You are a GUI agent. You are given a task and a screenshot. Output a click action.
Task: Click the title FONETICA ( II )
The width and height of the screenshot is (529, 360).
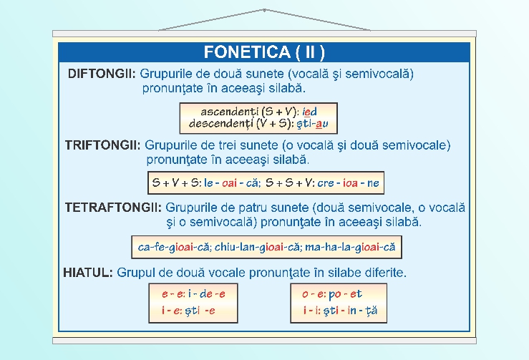(x=264, y=52)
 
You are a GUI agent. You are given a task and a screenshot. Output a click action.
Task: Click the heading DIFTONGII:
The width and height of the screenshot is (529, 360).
(x=102, y=74)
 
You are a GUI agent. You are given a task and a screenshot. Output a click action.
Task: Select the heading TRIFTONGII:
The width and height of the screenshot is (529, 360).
(x=102, y=145)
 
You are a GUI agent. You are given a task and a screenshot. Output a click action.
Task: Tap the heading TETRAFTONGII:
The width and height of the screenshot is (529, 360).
(x=112, y=208)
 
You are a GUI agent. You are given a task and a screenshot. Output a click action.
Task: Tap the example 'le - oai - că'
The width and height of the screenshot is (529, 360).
(x=230, y=183)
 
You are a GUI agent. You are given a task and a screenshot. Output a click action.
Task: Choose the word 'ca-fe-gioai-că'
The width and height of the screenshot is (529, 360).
(x=174, y=248)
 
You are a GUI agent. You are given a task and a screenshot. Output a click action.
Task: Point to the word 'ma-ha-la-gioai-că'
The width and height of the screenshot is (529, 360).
(x=350, y=248)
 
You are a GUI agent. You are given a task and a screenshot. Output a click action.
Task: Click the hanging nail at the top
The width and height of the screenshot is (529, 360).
(x=264, y=10)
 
